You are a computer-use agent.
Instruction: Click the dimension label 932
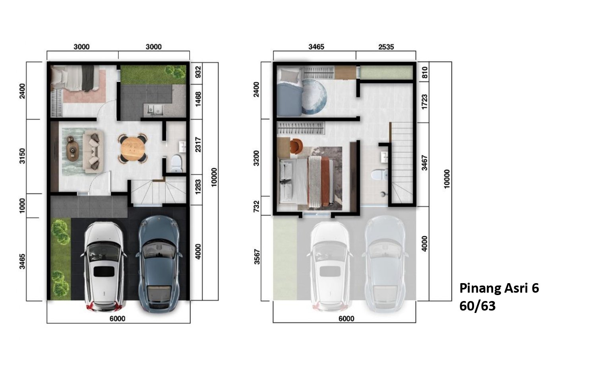tap(198, 72)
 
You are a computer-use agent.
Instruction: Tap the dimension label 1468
tap(198, 99)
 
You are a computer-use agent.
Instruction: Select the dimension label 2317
tap(198, 145)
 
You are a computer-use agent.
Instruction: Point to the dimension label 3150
tap(22, 156)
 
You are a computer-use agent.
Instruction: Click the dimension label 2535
tap(386, 47)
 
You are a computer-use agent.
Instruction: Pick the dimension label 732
tap(256, 207)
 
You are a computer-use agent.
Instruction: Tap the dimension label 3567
tap(257, 256)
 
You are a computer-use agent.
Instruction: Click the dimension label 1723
tap(424, 101)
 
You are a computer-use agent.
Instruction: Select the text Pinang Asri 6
tap(499, 288)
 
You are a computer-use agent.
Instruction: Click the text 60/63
tap(477, 306)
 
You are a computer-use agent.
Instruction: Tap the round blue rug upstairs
tap(314, 96)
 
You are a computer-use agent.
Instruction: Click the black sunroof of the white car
tap(104, 271)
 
